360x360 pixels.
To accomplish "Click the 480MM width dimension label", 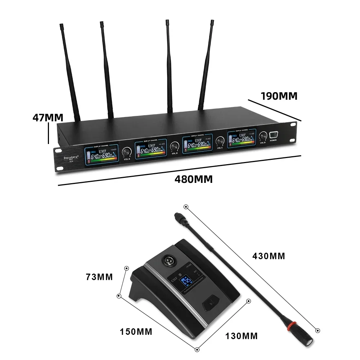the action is click(x=193, y=179).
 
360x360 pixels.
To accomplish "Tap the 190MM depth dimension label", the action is click(x=279, y=96).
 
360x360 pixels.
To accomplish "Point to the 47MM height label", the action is click(x=48, y=117).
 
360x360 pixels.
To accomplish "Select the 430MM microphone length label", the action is click(x=268, y=256).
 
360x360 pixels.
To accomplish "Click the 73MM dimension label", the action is click(x=99, y=277).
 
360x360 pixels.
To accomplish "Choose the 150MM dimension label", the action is click(x=136, y=332).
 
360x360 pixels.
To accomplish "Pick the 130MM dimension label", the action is click(x=242, y=336).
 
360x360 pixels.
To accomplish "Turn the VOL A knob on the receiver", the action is click(x=126, y=152).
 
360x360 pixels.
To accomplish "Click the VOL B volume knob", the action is click(x=175, y=146).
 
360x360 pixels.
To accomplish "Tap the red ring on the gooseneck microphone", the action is click(x=289, y=327).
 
